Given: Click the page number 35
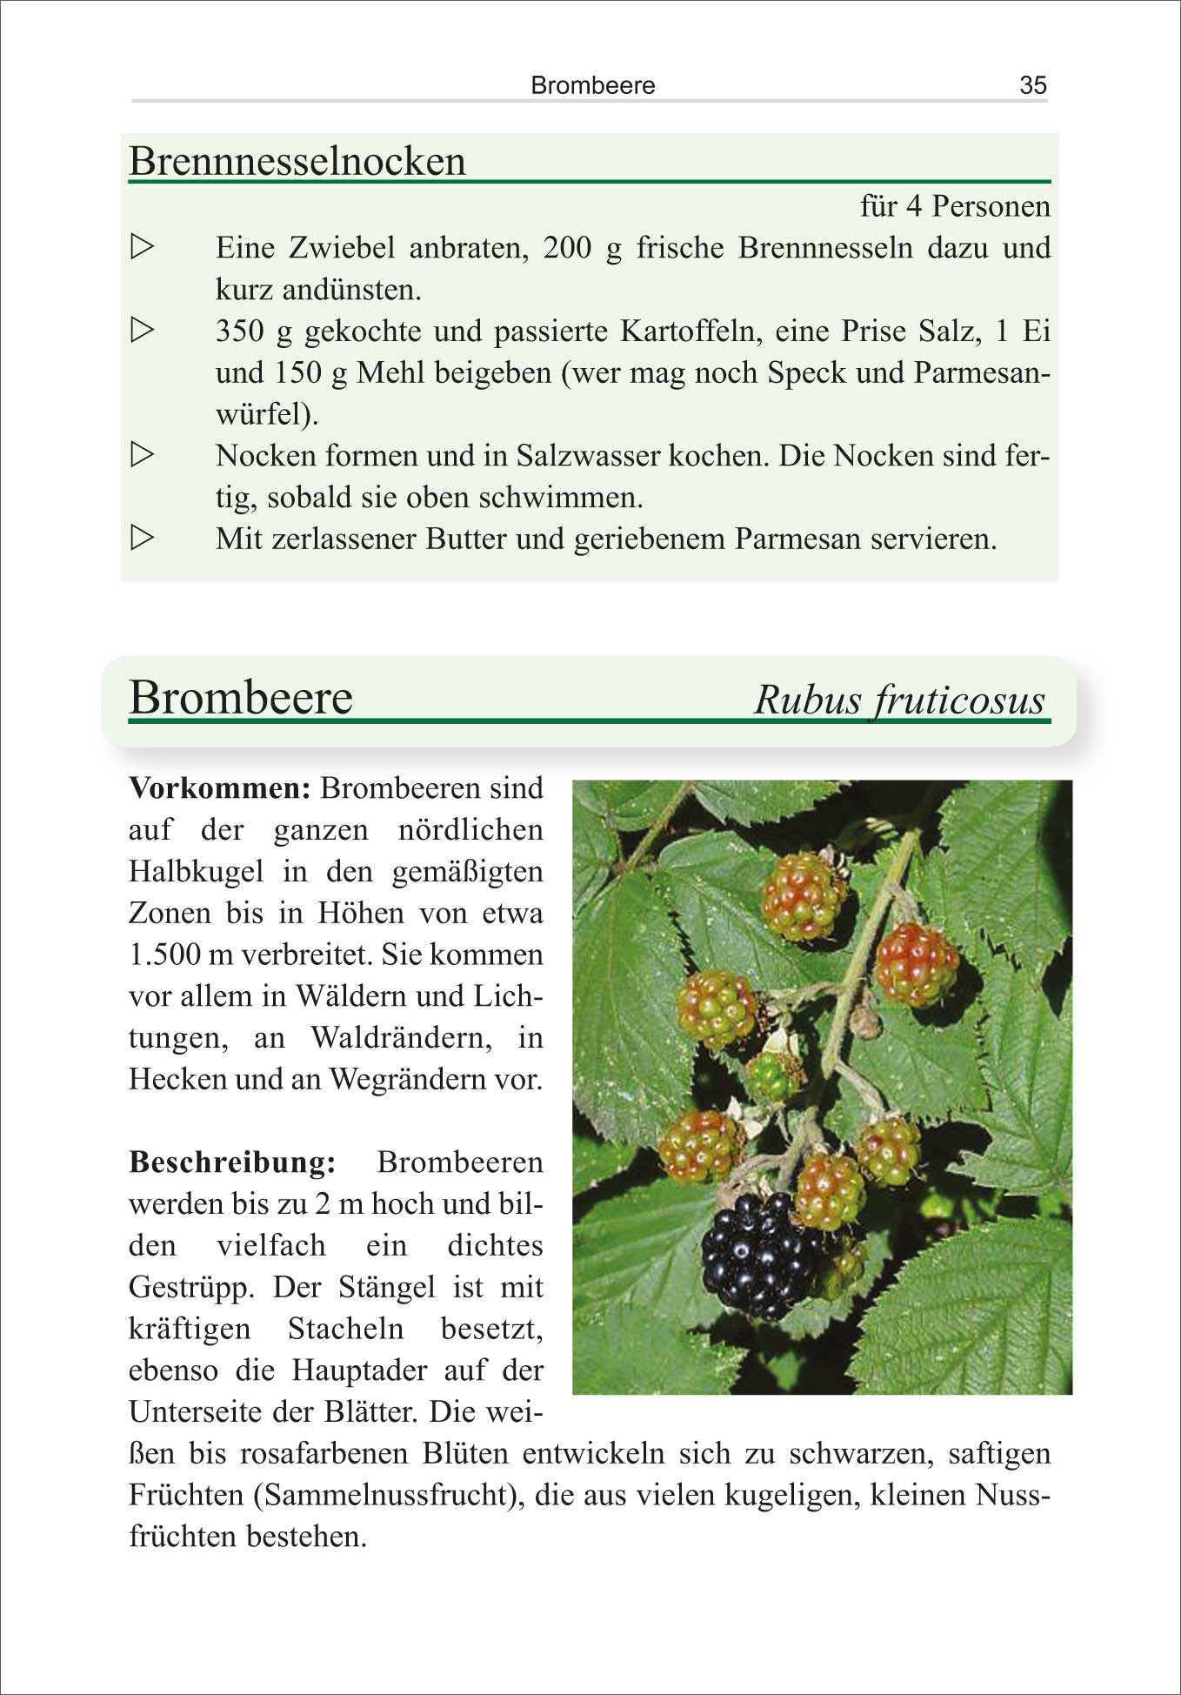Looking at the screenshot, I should pyautogui.click(x=1032, y=85).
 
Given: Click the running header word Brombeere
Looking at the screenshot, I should pyautogui.click(x=592, y=85).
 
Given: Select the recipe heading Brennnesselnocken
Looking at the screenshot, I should pyautogui.click(x=297, y=162).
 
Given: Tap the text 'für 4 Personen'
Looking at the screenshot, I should pyautogui.click(x=954, y=206).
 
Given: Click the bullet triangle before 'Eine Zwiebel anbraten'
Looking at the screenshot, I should pyautogui.click(x=142, y=247).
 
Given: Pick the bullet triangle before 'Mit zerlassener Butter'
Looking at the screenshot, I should pyautogui.click(x=142, y=538).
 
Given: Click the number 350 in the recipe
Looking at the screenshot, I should pyautogui.click(x=239, y=331).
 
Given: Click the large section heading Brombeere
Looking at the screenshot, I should pyautogui.click(x=241, y=698).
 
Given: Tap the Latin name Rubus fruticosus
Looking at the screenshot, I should pyautogui.click(x=899, y=700).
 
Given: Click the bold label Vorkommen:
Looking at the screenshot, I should pyautogui.click(x=219, y=788).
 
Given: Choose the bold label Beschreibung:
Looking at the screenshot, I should pyautogui.click(x=232, y=1162).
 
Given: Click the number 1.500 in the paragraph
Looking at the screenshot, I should pyautogui.click(x=164, y=955).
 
